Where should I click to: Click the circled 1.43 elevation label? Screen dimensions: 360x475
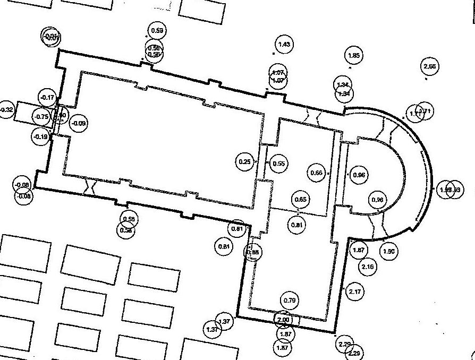pos(285,45)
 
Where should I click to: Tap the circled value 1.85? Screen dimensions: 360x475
pos(354,55)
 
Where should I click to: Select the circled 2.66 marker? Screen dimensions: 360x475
pos(430,67)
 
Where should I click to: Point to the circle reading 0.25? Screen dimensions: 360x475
pos(245,161)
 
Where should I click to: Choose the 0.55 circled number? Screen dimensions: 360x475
pos(279,164)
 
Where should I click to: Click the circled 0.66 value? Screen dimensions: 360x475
pos(317,173)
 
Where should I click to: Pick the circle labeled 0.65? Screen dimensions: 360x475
pos(300,200)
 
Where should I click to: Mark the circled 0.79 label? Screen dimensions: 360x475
pos(290,301)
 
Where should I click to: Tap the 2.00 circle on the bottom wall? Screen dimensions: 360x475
pos(284,320)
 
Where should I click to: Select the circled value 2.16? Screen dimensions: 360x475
pos(368,266)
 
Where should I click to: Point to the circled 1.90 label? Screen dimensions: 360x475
pos(389,251)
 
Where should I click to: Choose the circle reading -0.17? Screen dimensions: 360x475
pos(48,98)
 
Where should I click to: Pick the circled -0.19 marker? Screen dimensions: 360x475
pos(41,136)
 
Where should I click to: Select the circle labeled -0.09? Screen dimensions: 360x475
pos(79,123)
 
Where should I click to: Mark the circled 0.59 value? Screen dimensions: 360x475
pos(157,31)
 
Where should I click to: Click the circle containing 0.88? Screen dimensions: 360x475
pos(254,252)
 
